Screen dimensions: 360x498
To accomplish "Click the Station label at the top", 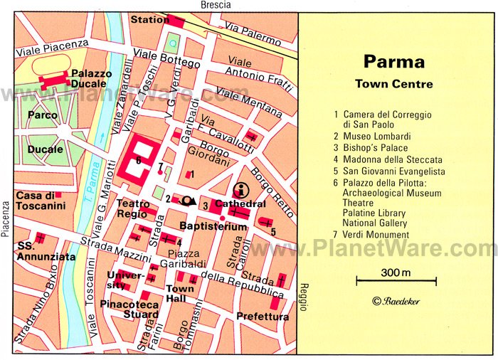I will click(x=149, y=19).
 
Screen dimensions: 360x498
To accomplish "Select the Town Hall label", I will click(x=180, y=293).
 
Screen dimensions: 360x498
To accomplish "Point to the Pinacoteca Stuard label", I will click(x=130, y=309).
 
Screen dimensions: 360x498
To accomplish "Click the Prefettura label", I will click(x=263, y=317).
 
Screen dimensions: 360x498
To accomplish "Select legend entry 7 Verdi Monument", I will click(x=371, y=235).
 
